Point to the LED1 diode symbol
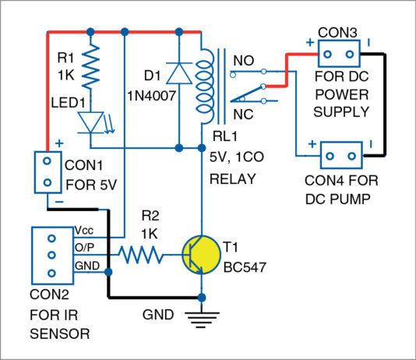pos(92,122)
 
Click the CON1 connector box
pos(48,172)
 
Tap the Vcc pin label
pos(84,231)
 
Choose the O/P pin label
pos(84,247)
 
